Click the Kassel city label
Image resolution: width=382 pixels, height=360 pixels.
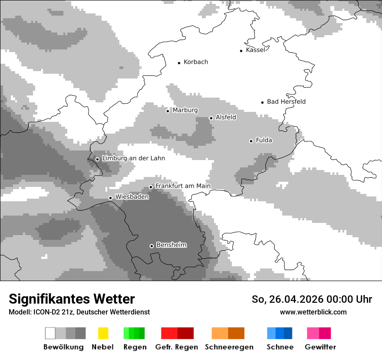coord(255,50)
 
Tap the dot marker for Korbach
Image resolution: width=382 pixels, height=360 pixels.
coord(179,63)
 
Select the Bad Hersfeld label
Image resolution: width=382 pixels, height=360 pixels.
coord(286,101)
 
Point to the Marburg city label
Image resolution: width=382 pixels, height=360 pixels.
coord(185,110)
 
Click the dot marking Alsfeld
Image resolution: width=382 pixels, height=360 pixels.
coord(211,118)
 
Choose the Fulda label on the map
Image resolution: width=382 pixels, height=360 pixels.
coord(264,140)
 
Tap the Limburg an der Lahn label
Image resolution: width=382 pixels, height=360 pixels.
coord(133,158)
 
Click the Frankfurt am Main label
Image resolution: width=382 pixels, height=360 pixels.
coord(183,186)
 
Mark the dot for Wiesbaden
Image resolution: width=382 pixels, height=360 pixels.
coord(110,198)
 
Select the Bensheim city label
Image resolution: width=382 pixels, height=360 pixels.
coord(171,245)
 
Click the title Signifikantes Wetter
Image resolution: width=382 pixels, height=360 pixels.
coord(72,299)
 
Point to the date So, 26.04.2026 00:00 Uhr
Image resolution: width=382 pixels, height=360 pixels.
coord(312,299)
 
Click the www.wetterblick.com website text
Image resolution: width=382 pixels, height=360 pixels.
coord(313,312)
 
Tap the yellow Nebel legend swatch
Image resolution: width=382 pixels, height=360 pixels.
coord(103,333)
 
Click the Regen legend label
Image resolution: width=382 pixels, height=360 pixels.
coord(134,347)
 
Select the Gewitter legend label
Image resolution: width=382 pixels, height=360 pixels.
coord(320,347)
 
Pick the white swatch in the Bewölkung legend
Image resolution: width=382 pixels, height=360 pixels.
coord(50,333)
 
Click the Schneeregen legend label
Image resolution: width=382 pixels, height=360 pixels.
coord(229,347)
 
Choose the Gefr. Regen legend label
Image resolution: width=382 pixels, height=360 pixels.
coord(176,347)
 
